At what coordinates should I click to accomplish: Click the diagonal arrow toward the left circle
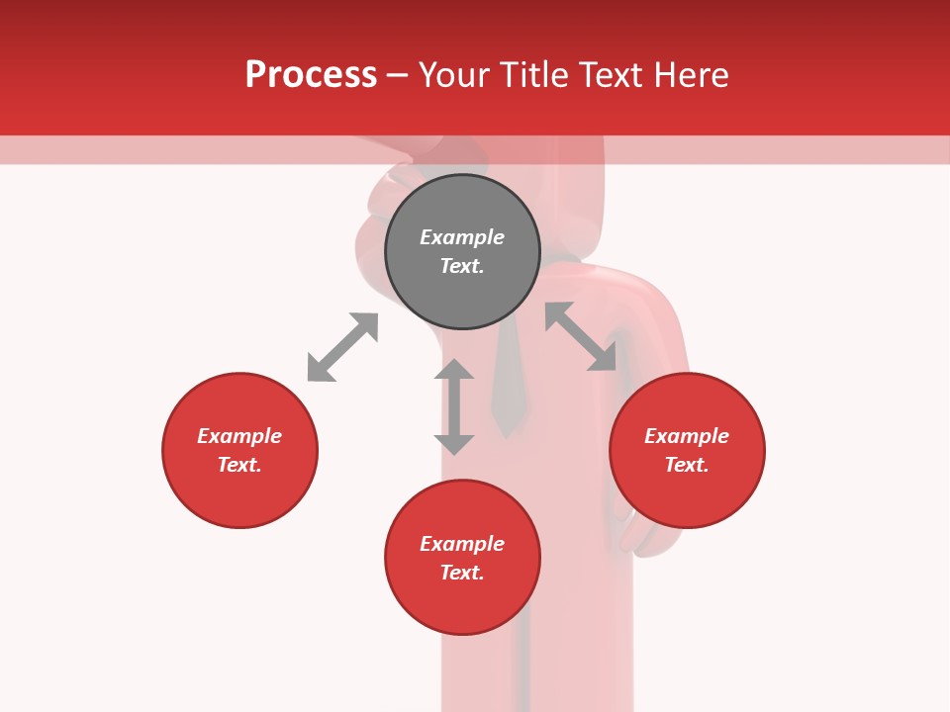click(x=342, y=347)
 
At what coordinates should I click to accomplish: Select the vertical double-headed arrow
click(x=454, y=406)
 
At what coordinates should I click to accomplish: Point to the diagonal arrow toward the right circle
click(x=581, y=336)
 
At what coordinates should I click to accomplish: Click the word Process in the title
click(x=311, y=74)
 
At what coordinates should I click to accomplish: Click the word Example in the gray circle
click(x=462, y=237)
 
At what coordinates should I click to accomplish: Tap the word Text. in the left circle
click(x=239, y=465)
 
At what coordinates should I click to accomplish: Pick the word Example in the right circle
click(x=687, y=436)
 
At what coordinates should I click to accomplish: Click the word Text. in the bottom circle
click(x=462, y=573)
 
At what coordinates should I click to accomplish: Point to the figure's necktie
click(x=508, y=386)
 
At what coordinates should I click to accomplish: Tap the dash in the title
click(x=398, y=75)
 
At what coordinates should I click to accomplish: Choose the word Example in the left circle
click(x=239, y=436)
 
